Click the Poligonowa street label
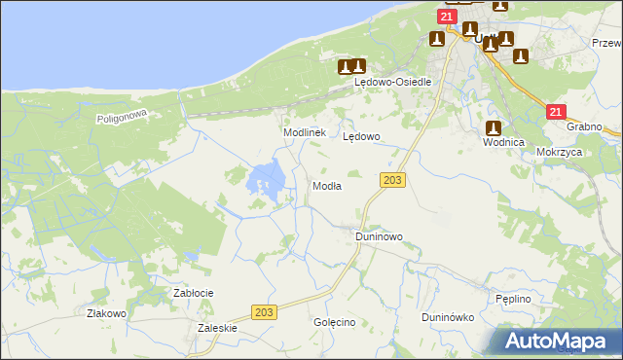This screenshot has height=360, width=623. pyautogui.click(x=121, y=118)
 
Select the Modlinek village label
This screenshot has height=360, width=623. pyautogui.click(x=303, y=132)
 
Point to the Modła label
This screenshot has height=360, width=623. pyautogui.click(x=326, y=186)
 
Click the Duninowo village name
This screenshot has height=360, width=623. pyautogui.click(x=379, y=236)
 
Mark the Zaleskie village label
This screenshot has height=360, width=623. pyautogui.click(x=217, y=329)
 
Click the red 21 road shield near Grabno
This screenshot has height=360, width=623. pyautogui.click(x=555, y=113)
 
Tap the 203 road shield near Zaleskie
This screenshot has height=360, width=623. pyautogui.click(x=263, y=311)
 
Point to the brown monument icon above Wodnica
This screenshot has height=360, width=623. pyautogui.click(x=494, y=127)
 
